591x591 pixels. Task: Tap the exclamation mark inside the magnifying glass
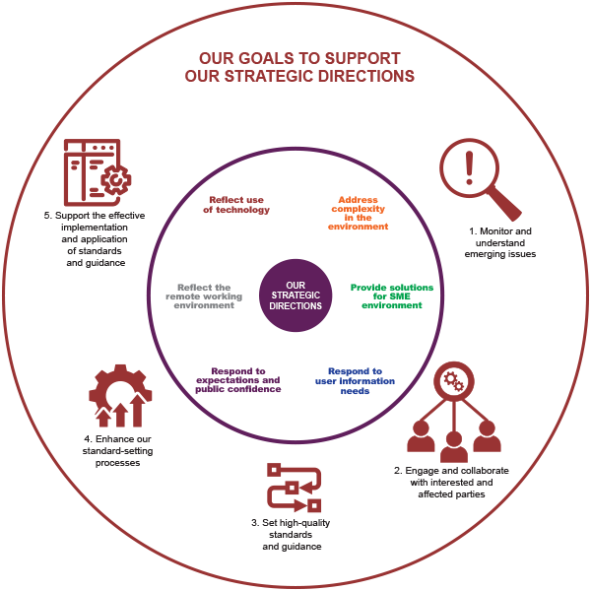click(469, 167)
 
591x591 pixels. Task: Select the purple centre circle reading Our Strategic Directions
click(295, 295)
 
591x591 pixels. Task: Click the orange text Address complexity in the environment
click(358, 213)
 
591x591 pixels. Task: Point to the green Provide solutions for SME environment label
click(392, 296)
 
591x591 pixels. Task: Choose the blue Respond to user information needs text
click(355, 380)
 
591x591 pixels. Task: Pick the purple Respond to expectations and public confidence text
click(238, 380)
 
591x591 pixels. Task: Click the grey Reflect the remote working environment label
click(204, 296)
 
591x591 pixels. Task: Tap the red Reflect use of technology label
click(236, 205)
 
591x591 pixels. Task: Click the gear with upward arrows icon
click(120, 396)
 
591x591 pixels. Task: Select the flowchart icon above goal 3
click(294, 488)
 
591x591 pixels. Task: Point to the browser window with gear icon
click(98, 172)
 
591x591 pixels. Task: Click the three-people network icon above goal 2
click(454, 412)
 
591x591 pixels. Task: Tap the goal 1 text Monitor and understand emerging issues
click(500, 242)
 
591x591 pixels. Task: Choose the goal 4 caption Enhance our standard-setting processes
click(117, 451)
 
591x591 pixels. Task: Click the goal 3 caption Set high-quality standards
click(291, 528)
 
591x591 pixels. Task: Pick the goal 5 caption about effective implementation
click(95, 239)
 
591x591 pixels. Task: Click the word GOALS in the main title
click(266, 58)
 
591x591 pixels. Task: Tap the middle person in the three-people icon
click(454, 447)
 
